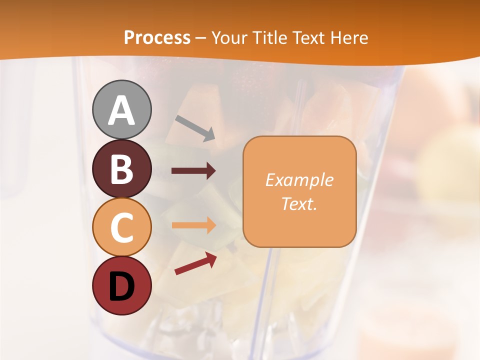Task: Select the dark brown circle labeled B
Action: coord(121,169)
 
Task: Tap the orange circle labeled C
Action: coord(121,227)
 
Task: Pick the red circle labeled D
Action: coord(121,286)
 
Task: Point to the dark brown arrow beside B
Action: coord(193,171)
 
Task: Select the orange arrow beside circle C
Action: coord(193,225)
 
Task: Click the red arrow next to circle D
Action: coord(195,263)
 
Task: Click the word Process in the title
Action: coord(157,37)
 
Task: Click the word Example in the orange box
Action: coord(299,180)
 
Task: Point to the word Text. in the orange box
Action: coord(299,203)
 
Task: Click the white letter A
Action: coord(121,110)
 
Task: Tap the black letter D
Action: coord(121,287)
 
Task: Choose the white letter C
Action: coord(121,228)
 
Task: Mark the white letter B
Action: coord(121,169)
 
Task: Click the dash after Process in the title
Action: coord(201,38)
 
